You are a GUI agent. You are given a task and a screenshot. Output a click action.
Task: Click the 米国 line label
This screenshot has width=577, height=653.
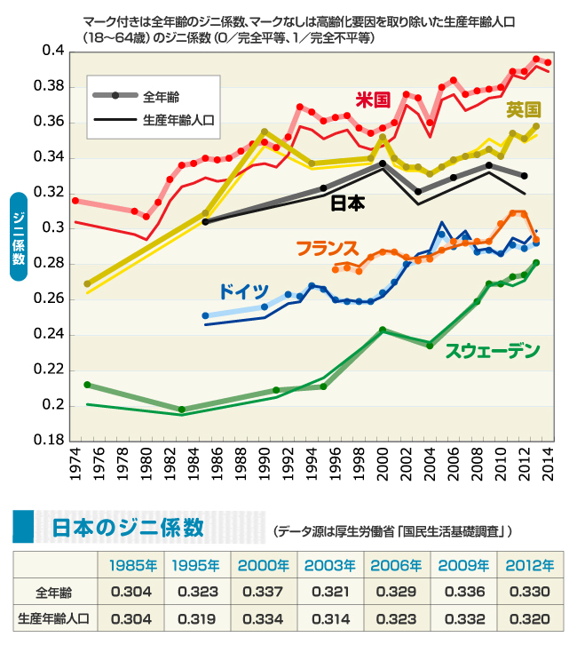[374, 99]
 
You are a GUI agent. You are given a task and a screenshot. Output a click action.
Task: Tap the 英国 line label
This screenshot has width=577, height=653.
[523, 110]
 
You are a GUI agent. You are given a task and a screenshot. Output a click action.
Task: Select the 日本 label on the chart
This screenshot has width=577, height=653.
[347, 203]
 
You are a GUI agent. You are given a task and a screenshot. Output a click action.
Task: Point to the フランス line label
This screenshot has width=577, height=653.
[326, 247]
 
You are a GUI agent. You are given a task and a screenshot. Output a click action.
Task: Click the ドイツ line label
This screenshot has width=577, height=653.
[243, 291]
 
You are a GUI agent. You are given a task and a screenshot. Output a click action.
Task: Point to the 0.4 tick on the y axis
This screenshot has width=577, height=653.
[52, 51]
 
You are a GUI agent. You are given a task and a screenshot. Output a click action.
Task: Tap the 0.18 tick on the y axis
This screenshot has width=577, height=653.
[49, 441]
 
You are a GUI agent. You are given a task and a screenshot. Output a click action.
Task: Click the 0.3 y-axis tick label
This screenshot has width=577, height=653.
[52, 228]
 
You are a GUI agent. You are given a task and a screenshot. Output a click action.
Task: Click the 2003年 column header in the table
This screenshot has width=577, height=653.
[330, 566]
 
